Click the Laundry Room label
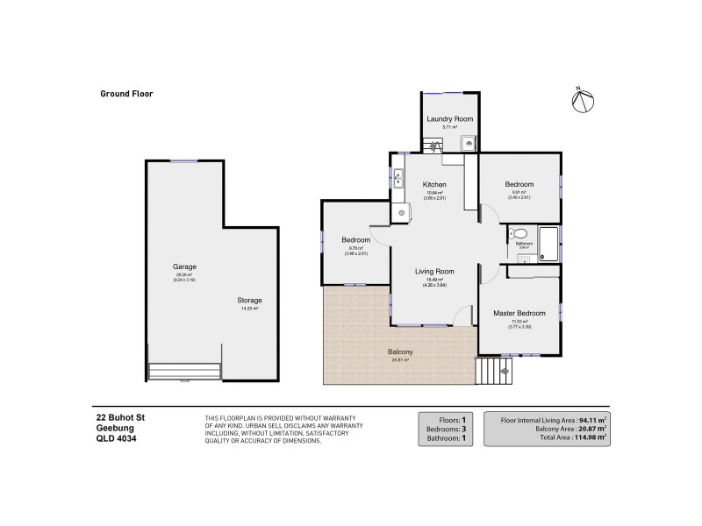point(449,118)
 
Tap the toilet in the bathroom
point(519,234)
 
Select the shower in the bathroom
point(547,243)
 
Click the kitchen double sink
point(398,179)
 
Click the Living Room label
point(434,272)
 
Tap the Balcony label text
point(400,352)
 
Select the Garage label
point(184,267)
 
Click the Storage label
point(250,300)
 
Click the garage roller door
point(183,372)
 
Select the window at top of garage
point(184,160)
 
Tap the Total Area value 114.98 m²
point(588,437)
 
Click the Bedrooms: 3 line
point(448,428)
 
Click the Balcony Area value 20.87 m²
point(588,428)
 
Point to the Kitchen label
point(434,185)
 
